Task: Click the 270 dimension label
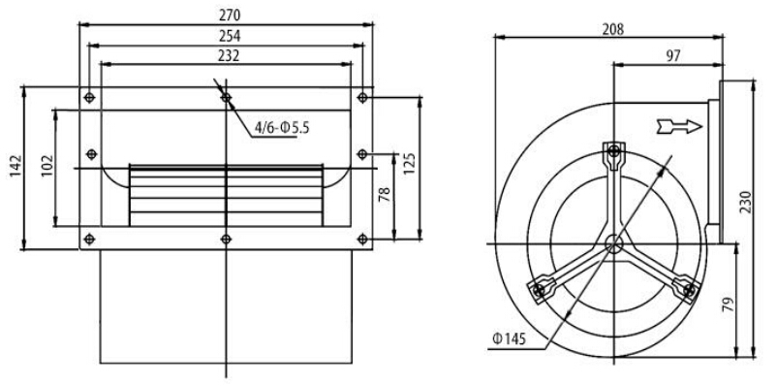[x=230, y=16]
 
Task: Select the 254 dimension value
[x=230, y=36]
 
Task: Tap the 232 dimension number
[x=229, y=55]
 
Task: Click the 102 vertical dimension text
[x=47, y=166]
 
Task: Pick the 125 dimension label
[x=409, y=164]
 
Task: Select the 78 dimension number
[x=385, y=194]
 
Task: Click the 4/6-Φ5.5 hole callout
[x=282, y=128]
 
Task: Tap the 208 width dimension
[x=613, y=30]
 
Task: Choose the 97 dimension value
[x=673, y=56]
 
